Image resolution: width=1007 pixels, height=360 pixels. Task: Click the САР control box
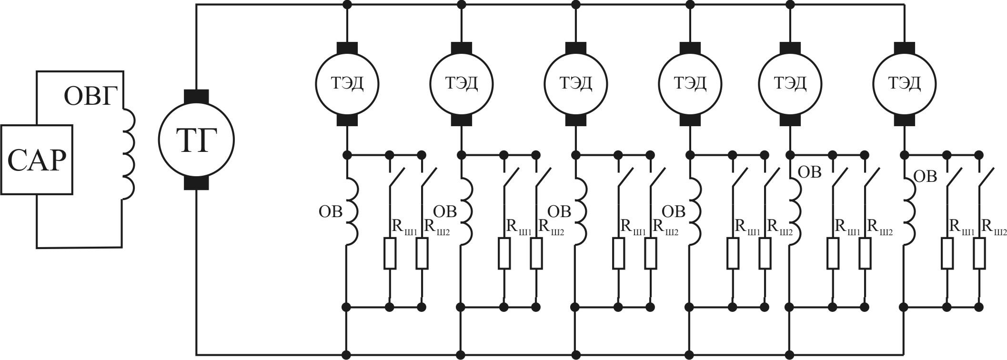click(37, 160)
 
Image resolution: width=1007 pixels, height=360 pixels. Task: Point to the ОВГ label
click(91, 97)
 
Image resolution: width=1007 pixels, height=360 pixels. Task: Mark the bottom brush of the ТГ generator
click(196, 183)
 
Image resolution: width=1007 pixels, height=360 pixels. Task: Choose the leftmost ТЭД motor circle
click(347, 84)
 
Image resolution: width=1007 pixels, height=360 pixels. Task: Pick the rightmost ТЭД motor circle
click(904, 84)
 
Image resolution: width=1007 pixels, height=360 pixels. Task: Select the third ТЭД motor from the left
click(576, 84)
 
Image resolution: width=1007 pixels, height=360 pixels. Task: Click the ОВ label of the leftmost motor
click(331, 212)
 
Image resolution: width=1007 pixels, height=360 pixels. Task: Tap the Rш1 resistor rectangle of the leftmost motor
click(390, 254)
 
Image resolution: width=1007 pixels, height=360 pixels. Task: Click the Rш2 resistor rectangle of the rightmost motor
click(979, 254)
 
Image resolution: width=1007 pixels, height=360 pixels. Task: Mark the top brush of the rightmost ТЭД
click(904, 48)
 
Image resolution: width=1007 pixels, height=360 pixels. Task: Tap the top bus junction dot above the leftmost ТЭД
click(347, 5)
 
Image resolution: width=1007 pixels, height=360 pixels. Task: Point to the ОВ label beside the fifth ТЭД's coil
click(809, 172)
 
